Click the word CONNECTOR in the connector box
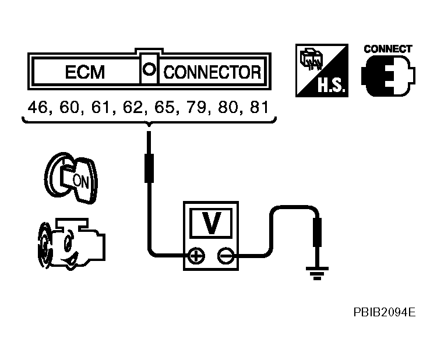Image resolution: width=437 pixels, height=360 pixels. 212,73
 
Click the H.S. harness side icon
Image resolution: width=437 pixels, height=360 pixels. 322,70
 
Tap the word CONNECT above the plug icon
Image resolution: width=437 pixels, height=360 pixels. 387,49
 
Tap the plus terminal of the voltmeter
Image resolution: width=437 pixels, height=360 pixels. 197,255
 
